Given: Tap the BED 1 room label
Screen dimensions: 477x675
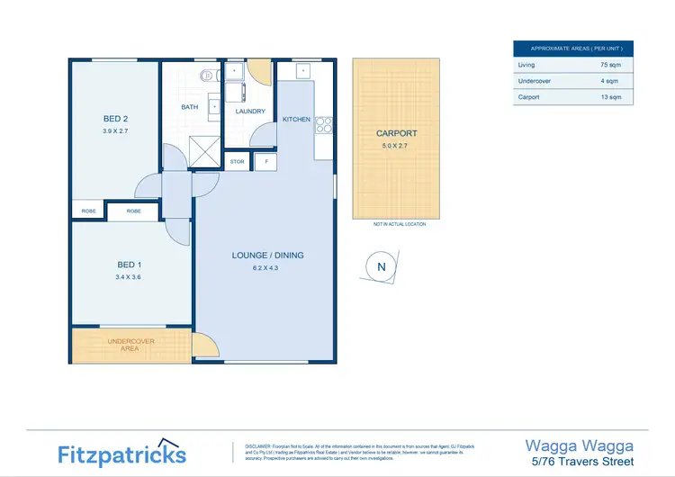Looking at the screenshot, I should (130, 265).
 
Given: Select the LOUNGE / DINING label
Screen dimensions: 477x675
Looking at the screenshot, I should (267, 256).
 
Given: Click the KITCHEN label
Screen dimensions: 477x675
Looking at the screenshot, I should (296, 120).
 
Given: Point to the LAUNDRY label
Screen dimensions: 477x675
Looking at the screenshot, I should (250, 112).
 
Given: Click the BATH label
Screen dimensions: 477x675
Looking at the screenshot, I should (190, 107).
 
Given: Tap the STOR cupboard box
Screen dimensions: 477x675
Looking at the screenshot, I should (238, 162).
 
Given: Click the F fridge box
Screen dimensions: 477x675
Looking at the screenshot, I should (266, 162).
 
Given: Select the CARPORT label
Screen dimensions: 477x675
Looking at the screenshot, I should (396, 133).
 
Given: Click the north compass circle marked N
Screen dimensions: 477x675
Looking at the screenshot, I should (381, 266).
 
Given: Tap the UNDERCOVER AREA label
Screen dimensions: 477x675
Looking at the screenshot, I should (131, 345).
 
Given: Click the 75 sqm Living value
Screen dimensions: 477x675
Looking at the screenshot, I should (610, 65).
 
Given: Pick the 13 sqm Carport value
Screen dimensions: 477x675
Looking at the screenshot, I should (610, 97).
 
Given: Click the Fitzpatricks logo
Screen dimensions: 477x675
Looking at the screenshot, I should (122, 454).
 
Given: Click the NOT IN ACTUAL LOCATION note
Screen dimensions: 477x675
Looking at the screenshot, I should (399, 224).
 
